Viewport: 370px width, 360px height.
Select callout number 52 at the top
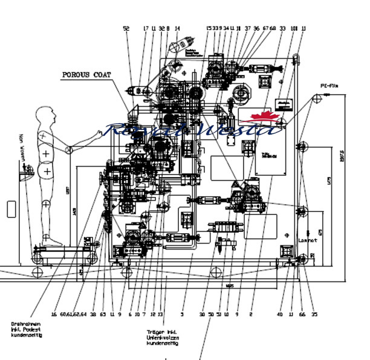click(x=126, y=28)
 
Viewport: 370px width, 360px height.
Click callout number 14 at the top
click(x=177, y=28)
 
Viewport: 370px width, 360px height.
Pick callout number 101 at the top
click(x=294, y=28)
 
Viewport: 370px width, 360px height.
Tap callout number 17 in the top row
click(x=146, y=28)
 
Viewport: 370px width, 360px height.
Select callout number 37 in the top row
click(x=248, y=28)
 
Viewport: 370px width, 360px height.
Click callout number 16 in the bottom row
click(x=54, y=314)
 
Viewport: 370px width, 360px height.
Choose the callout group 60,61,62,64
click(x=73, y=314)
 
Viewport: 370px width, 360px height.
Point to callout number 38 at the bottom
click(x=93, y=314)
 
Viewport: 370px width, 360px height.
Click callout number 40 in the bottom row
click(x=280, y=314)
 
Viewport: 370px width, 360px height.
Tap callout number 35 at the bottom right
click(x=314, y=314)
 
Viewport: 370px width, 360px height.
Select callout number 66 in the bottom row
click(x=302, y=314)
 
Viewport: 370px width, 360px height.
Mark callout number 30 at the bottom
click(x=202, y=314)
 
